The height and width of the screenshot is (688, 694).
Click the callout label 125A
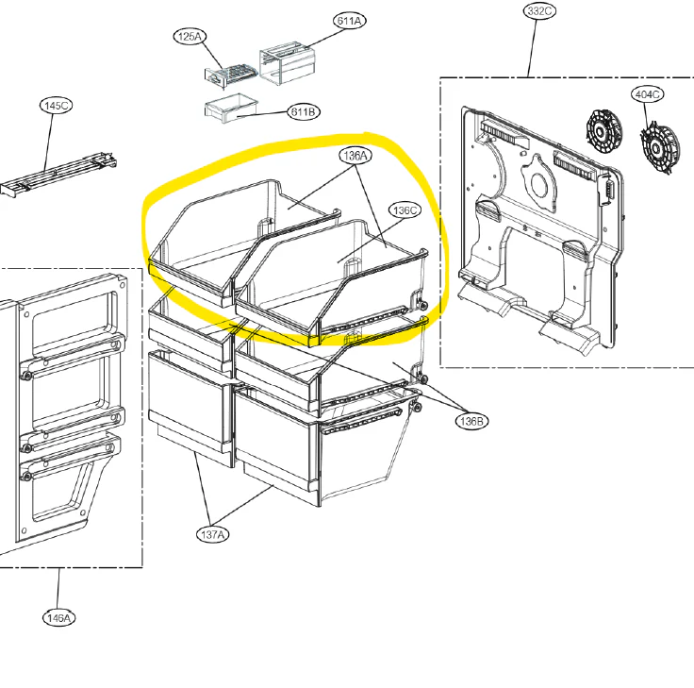click(190, 36)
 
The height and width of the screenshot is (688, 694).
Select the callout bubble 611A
click(349, 21)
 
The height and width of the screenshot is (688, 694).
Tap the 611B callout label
click(304, 112)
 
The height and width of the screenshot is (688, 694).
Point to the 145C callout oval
click(57, 106)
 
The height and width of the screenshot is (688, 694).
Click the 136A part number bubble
click(355, 156)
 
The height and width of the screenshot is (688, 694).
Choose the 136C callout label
click(405, 210)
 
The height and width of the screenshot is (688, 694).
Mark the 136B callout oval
click(471, 421)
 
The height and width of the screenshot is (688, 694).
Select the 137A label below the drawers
click(212, 535)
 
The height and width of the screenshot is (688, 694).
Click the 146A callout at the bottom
click(58, 617)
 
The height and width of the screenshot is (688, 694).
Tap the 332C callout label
click(539, 11)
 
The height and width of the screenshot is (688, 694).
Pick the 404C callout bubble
click(647, 94)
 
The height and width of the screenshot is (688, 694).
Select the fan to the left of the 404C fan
click(604, 131)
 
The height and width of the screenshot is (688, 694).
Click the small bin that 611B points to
click(231, 109)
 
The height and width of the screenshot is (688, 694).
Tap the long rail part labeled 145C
click(58, 175)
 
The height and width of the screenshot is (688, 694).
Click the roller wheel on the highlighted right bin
click(423, 305)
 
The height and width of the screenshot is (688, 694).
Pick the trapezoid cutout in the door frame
click(62, 492)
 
